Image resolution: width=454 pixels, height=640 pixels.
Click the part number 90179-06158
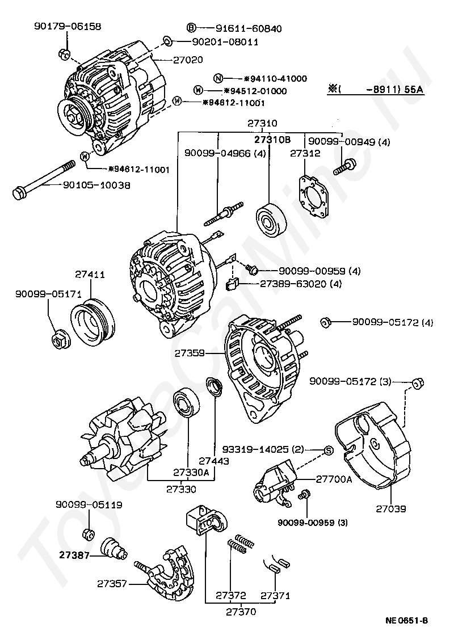click(x=68, y=27)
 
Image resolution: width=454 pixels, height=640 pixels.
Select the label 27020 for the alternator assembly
click(x=188, y=60)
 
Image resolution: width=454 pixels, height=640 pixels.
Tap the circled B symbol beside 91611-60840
click(x=191, y=28)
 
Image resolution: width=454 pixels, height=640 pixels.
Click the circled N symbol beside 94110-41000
click(x=219, y=78)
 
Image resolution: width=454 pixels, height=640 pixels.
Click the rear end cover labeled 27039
click(x=373, y=445)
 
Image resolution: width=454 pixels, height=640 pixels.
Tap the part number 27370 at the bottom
click(x=241, y=612)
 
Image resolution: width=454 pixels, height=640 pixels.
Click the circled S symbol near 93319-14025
click(x=329, y=450)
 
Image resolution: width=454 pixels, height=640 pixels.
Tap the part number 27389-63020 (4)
click(x=300, y=284)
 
